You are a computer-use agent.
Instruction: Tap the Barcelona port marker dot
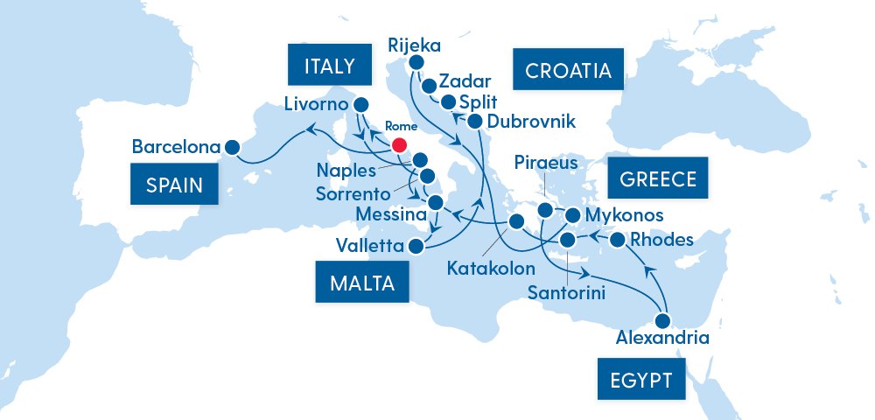[232, 148]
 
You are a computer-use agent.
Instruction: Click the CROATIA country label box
[568, 70]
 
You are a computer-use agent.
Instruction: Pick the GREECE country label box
[658, 179]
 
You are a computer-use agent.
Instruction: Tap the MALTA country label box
[362, 283]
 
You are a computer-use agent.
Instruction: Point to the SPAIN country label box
[174, 185]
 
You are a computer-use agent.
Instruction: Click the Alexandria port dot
[662, 320]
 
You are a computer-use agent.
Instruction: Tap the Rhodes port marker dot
[617, 240]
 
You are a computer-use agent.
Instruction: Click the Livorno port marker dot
[359, 105]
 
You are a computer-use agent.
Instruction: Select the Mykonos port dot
[573, 214]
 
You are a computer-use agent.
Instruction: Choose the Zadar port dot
[429, 86]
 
